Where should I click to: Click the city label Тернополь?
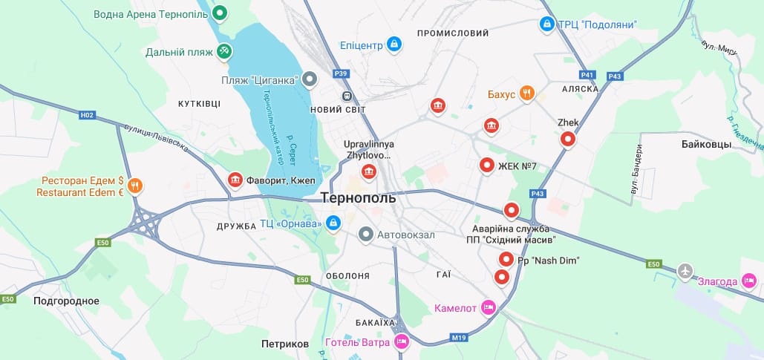[359, 198]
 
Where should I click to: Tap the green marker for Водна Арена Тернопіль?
[220, 13]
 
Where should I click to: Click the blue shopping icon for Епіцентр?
[394, 45]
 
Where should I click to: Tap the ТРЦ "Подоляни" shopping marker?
[547, 24]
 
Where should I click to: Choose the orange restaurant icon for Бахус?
[526, 93]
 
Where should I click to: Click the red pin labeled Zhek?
[568, 138]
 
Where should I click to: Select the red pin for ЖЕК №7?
[486, 166]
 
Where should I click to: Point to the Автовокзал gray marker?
[365, 235]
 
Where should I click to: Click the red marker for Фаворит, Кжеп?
[235, 180]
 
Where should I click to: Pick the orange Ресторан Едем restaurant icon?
[135, 186]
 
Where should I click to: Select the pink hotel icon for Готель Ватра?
[402, 341]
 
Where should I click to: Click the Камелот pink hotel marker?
[488, 307]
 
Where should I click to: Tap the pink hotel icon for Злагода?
[749, 280]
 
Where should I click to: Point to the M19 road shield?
[460, 338]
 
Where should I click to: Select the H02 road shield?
[88, 115]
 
